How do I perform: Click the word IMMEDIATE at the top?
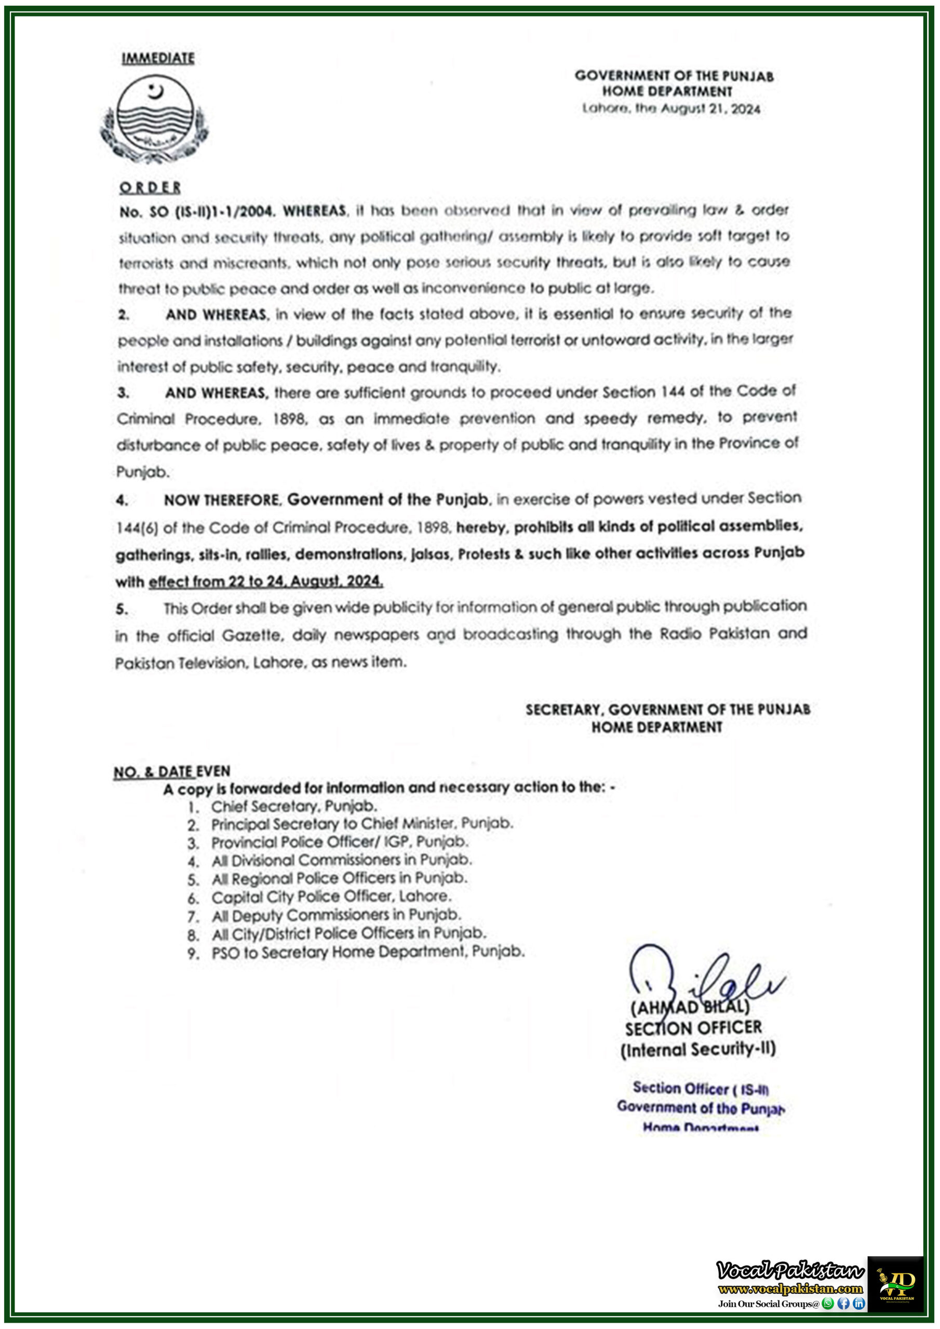click(157, 59)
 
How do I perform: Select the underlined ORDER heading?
click(150, 187)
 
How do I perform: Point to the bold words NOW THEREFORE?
click(222, 500)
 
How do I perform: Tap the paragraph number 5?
click(121, 609)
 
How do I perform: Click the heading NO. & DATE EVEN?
click(171, 771)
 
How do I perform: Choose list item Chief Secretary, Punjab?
click(293, 806)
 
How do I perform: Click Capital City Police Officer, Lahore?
click(331, 897)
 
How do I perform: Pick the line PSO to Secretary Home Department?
click(367, 952)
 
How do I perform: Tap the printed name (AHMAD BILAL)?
click(689, 1008)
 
